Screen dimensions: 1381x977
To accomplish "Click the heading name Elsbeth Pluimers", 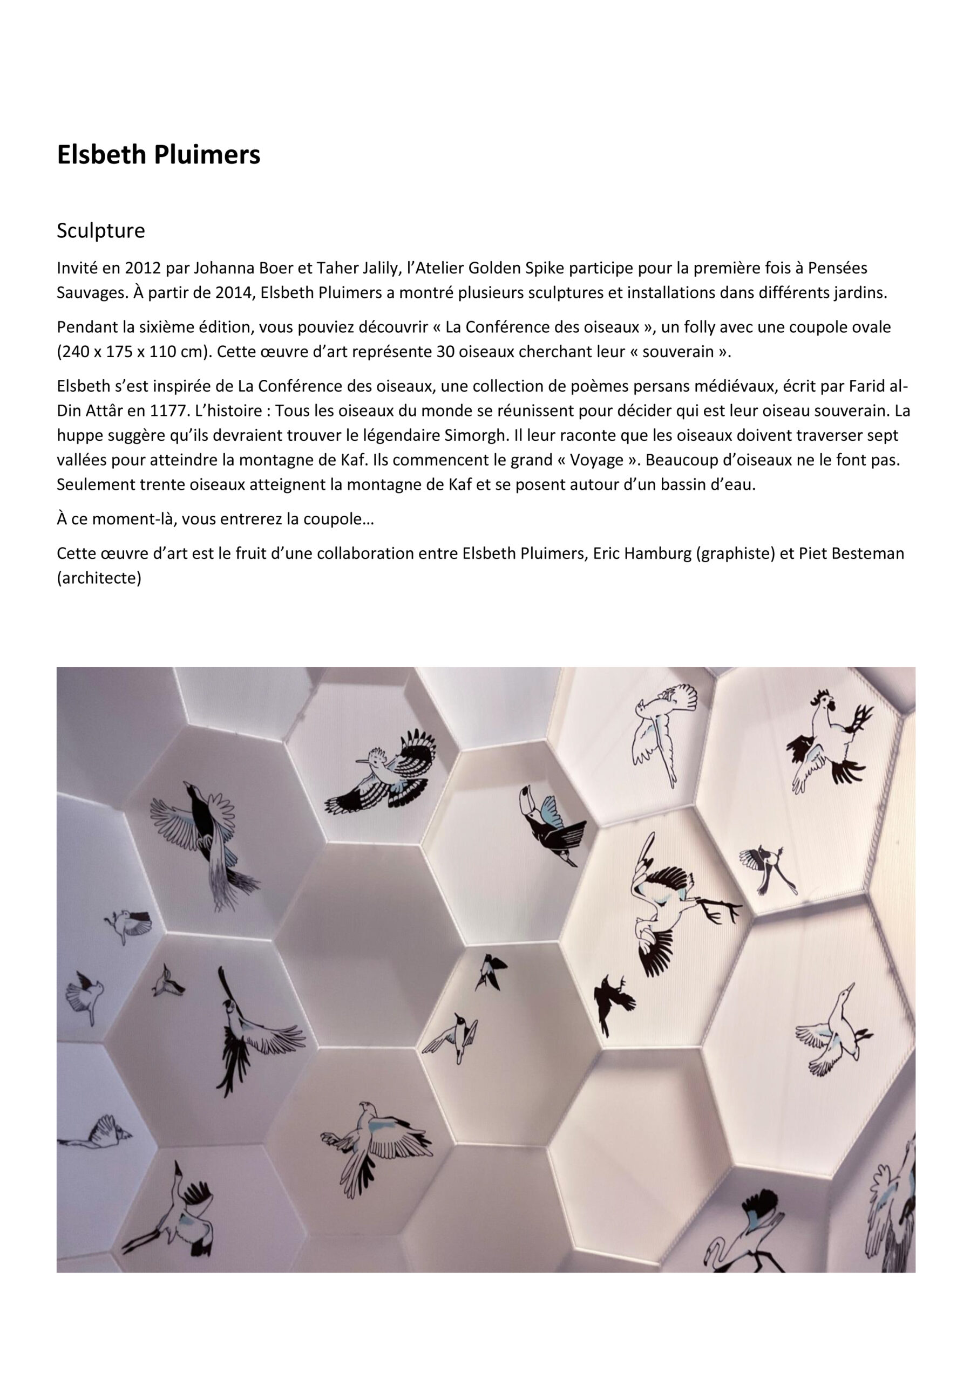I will [158, 155].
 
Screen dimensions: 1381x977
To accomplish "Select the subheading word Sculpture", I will [100, 231].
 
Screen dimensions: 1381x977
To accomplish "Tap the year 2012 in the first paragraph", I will [142, 268].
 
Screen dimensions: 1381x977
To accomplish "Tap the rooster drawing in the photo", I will [827, 747].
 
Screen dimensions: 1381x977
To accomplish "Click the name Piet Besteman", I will [850, 553].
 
